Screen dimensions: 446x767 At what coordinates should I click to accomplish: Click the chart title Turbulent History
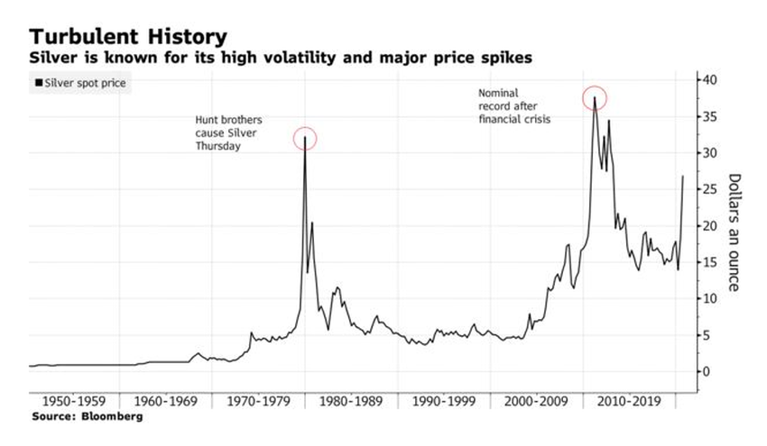(x=127, y=37)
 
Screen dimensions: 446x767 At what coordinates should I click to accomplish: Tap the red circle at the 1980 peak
(x=305, y=138)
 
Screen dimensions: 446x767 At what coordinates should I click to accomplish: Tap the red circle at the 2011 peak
(x=595, y=97)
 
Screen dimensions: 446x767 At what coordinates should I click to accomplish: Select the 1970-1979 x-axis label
(x=255, y=401)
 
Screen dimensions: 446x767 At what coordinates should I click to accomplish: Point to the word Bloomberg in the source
(x=112, y=417)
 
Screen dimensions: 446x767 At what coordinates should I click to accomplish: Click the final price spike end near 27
(x=682, y=177)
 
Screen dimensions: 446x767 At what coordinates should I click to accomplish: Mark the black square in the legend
(x=38, y=84)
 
